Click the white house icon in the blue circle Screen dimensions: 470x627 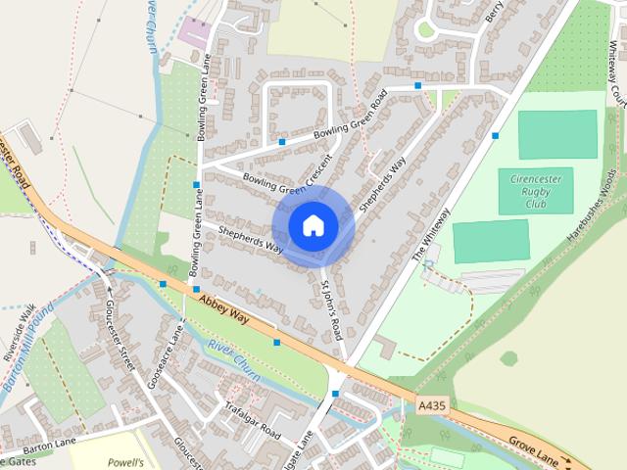(x=313, y=225)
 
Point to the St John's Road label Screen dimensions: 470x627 (x=331, y=308)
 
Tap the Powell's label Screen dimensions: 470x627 (x=126, y=461)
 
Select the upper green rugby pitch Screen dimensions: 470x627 (x=556, y=134)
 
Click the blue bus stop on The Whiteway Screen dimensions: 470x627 (x=496, y=136)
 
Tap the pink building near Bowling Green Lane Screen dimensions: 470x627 (x=194, y=32)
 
